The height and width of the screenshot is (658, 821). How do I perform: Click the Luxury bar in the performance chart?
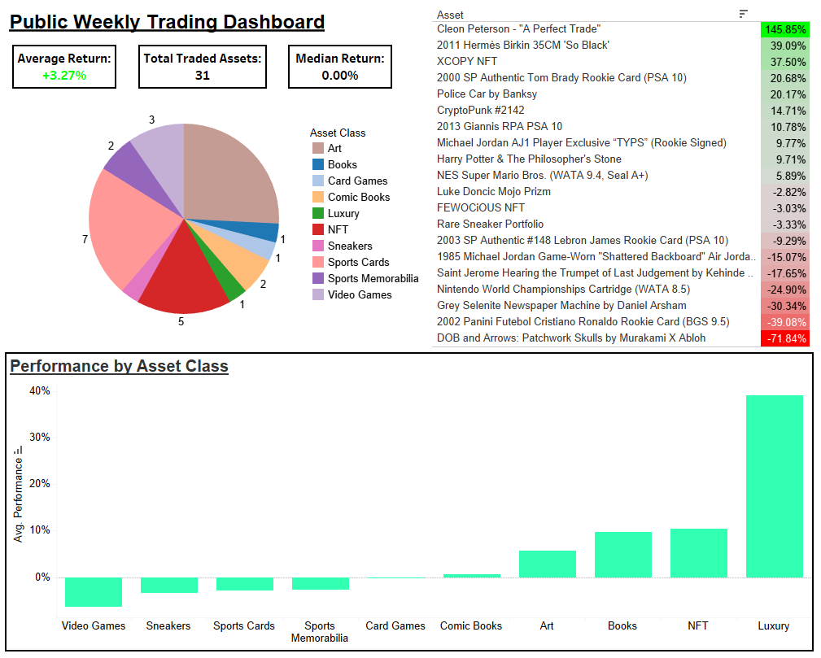pyautogui.click(x=774, y=486)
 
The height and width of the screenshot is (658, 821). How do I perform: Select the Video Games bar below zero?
pyautogui.click(x=94, y=592)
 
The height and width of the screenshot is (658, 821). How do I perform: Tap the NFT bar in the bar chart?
pyautogui.click(x=698, y=553)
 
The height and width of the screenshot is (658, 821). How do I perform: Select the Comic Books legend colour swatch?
pyautogui.click(x=317, y=198)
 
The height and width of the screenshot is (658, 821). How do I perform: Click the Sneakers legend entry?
pyautogui.click(x=350, y=246)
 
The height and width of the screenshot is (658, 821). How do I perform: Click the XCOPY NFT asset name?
pyautogui.click(x=467, y=62)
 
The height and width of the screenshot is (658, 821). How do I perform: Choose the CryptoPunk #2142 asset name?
pyautogui.click(x=480, y=111)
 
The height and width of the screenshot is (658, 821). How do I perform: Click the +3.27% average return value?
pyautogui.click(x=64, y=76)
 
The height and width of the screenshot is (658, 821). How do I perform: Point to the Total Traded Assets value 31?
pyautogui.click(x=203, y=76)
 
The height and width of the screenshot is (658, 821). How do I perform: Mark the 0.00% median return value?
pyautogui.click(x=339, y=76)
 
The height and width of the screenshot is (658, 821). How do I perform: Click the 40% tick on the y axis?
pyautogui.click(x=40, y=391)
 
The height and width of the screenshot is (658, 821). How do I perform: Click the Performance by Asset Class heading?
pyautogui.click(x=119, y=367)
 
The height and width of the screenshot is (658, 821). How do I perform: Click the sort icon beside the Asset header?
pyautogui.click(x=743, y=14)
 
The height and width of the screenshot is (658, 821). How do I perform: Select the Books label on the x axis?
pyautogui.click(x=622, y=626)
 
